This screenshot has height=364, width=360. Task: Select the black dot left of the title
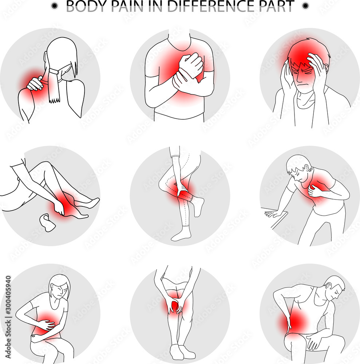(55, 5)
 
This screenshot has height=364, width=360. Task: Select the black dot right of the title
(305, 5)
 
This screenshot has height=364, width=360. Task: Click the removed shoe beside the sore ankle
(47, 223)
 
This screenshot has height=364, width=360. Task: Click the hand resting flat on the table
(273, 214)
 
